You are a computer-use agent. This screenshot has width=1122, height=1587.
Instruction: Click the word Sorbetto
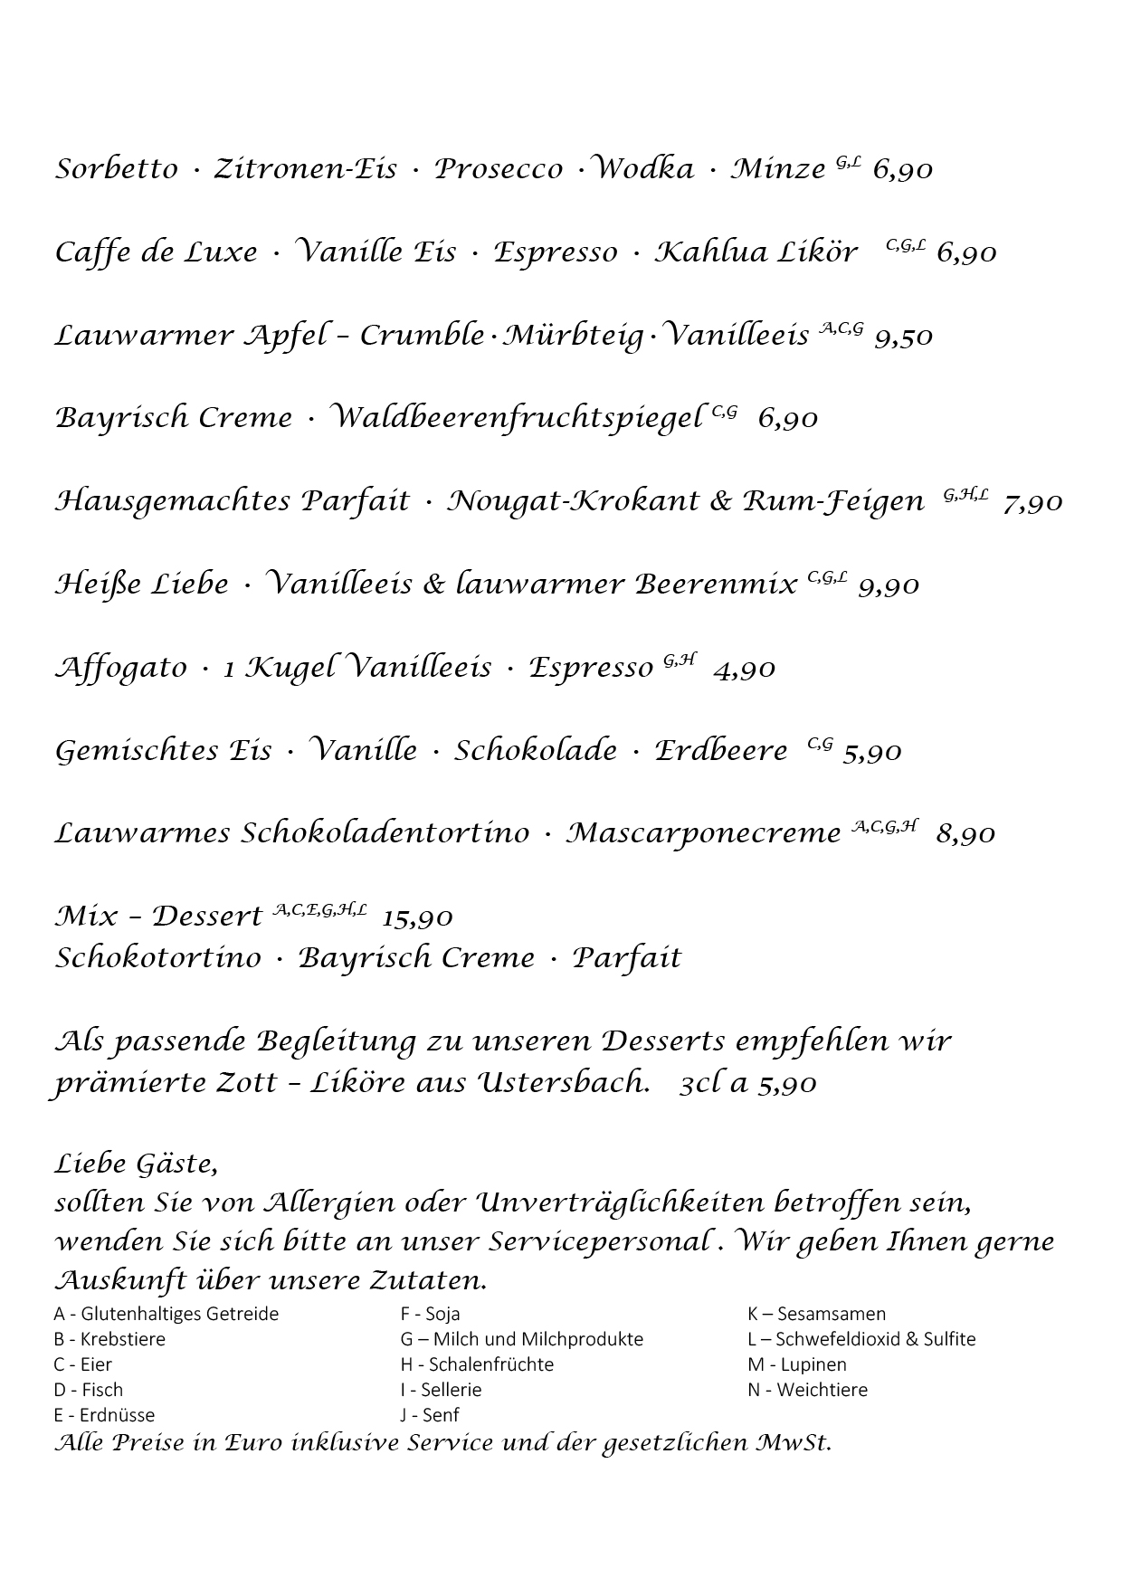(x=117, y=169)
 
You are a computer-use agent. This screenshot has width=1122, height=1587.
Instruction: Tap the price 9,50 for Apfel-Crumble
(x=903, y=337)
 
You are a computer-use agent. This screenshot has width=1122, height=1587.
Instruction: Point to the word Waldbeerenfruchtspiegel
(x=515, y=418)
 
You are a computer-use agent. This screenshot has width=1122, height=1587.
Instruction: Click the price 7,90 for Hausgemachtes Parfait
(x=1032, y=502)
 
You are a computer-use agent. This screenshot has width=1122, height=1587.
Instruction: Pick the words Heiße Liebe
(x=142, y=584)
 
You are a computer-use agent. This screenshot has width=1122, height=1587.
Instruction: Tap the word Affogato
(x=121, y=669)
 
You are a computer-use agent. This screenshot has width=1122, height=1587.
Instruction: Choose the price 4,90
(x=744, y=670)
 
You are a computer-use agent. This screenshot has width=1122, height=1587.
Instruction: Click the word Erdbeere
(x=721, y=751)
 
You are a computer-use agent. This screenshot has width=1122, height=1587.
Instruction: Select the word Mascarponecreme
(x=703, y=833)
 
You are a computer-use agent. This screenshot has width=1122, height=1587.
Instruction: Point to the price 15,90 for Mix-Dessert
(x=417, y=917)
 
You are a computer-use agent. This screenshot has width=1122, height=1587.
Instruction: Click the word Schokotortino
(x=158, y=958)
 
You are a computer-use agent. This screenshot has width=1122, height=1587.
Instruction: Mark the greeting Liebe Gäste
(x=136, y=1164)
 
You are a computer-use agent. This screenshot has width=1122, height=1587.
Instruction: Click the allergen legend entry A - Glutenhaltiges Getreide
(x=166, y=1314)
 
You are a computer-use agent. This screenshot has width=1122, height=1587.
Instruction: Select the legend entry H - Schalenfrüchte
(x=477, y=1364)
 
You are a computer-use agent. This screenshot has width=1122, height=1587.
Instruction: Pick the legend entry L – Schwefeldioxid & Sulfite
(x=861, y=1339)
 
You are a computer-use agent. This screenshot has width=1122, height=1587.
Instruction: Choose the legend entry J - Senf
(x=430, y=1415)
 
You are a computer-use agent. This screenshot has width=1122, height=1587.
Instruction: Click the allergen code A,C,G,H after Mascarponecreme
(x=885, y=826)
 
